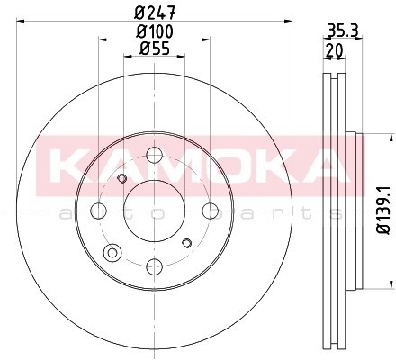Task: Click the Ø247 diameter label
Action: pyautogui.click(x=155, y=13)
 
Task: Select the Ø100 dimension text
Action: pyautogui.click(x=155, y=31)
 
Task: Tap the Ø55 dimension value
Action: pyautogui.click(x=155, y=49)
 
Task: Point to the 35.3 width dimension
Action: pyautogui.click(x=343, y=31)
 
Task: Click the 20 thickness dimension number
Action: pyautogui.click(x=334, y=51)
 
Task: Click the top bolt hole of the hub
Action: pyautogui.click(x=154, y=156)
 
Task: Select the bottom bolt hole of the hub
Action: pyautogui.click(x=154, y=266)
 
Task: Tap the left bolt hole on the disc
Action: pyautogui.click(x=98, y=211)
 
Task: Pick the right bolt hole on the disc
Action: pyautogui.click(x=210, y=211)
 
